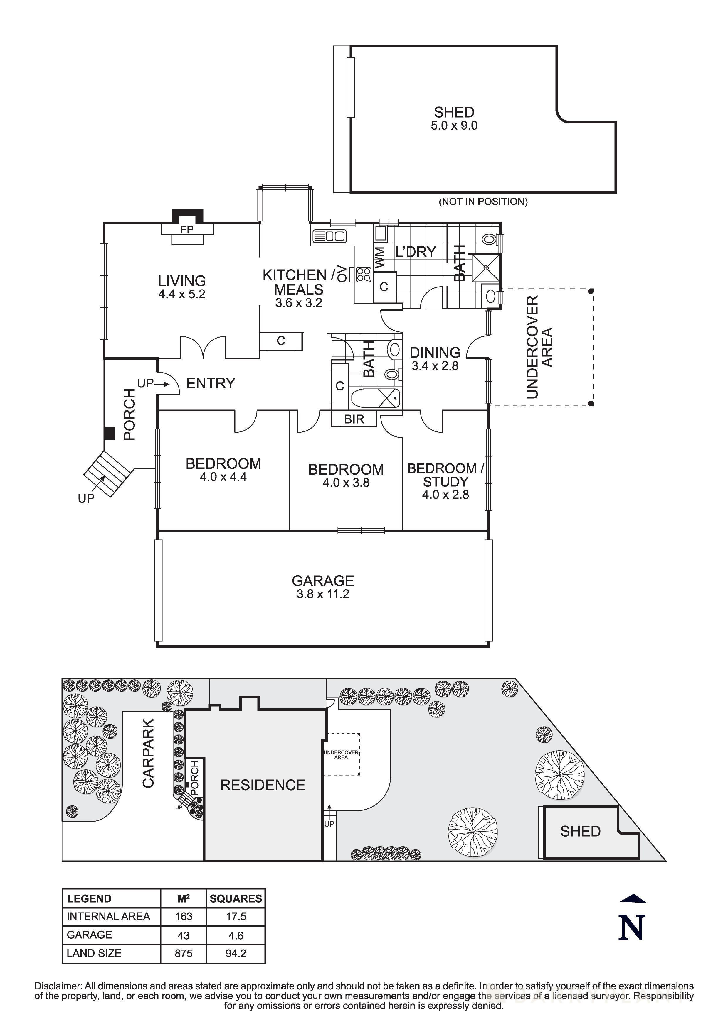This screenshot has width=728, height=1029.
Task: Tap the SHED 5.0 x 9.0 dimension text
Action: [x=454, y=126]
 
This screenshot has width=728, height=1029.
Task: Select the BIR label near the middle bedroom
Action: [x=354, y=419]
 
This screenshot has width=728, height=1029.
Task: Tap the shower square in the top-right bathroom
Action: [x=485, y=268]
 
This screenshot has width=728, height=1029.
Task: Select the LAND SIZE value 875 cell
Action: [x=184, y=953]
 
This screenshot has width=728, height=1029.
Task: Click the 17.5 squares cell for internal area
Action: [x=236, y=917]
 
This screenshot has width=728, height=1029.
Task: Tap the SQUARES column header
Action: [x=236, y=898]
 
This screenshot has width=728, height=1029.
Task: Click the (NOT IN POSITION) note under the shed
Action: [x=483, y=202]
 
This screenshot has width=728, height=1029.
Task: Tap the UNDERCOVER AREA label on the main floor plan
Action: [x=539, y=347]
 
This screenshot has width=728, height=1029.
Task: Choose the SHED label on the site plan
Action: [x=580, y=831]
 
